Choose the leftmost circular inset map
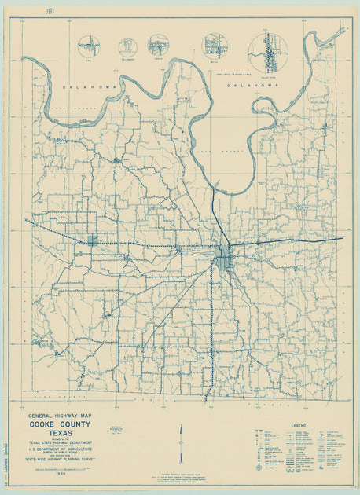[x=89, y=46]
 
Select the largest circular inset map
[x=268, y=52]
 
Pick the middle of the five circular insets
[x=158, y=46]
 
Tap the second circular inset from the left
[x=127, y=46]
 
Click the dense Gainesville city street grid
[x=226, y=255]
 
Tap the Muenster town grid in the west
[x=93, y=240]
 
